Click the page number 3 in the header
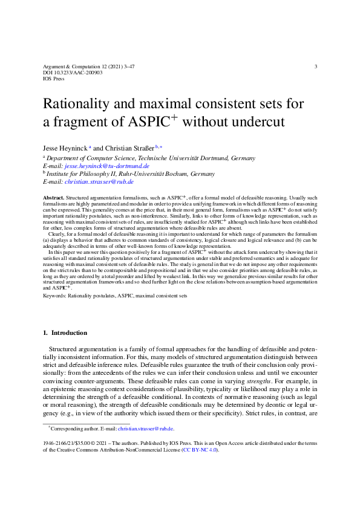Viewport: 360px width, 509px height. coord(316,66)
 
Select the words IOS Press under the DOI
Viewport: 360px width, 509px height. coord(54,79)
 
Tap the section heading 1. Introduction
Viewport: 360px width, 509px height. coord(65,332)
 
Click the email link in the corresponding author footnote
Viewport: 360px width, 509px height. coord(145,429)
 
